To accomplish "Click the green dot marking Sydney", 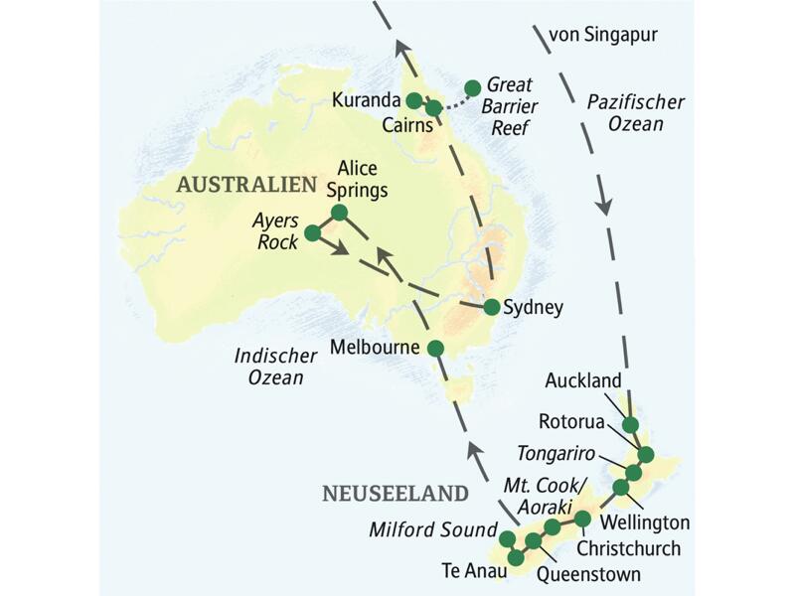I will click(x=491, y=307).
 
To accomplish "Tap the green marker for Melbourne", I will click(x=435, y=348).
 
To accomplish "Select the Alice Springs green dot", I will click(x=339, y=212).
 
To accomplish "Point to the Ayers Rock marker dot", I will click(x=312, y=232).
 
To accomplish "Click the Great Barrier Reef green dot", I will click(x=473, y=86).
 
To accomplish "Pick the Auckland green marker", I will click(x=630, y=425).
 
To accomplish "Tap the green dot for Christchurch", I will click(x=582, y=519).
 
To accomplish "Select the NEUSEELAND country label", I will click(x=395, y=494).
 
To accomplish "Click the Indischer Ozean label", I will click(x=269, y=367).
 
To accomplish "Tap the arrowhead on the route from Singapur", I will click(x=603, y=208).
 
